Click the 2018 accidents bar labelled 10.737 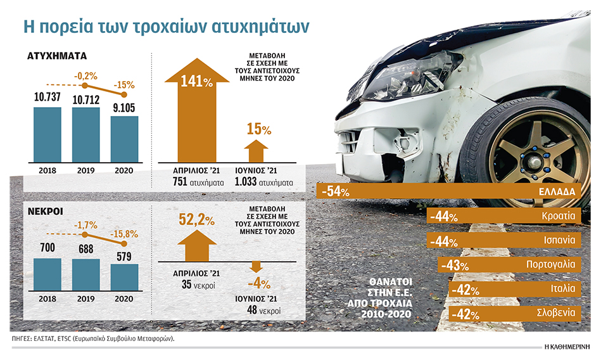(47, 134)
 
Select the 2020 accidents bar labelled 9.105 (124, 139)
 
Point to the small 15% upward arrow (255, 152)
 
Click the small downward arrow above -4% (256, 266)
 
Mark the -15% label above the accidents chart (125, 84)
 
